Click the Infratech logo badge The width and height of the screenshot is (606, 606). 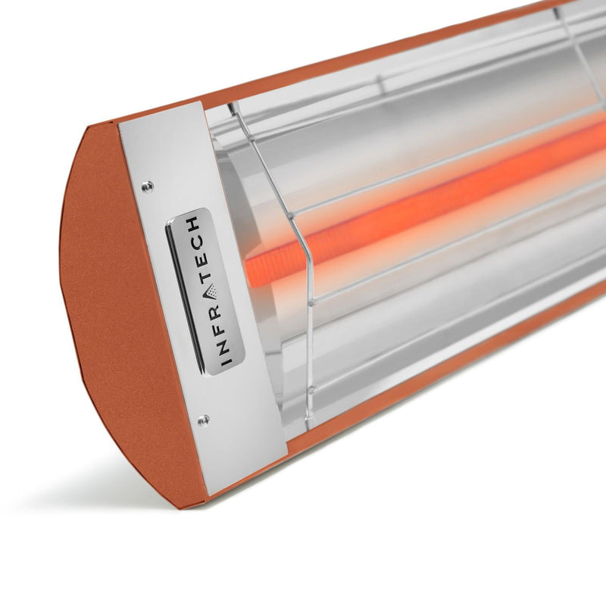[x=205, y=292]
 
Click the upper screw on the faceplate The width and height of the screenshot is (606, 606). [x=147, y=186]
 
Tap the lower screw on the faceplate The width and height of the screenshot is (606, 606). [x=203, y=418]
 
